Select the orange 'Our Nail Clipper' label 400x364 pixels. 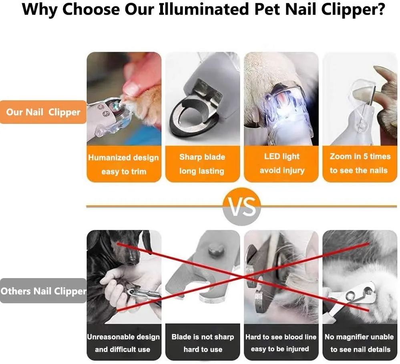tap(43, 112)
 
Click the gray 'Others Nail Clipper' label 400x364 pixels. tap(43, 290)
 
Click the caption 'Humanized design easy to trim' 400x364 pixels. tap(124, 164)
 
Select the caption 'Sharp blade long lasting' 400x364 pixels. tap(202, 164)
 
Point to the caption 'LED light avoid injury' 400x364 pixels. tap(281, 163)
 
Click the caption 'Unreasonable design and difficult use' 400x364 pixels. tap(123, 343)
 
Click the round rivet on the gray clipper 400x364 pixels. tap(214, 252)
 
